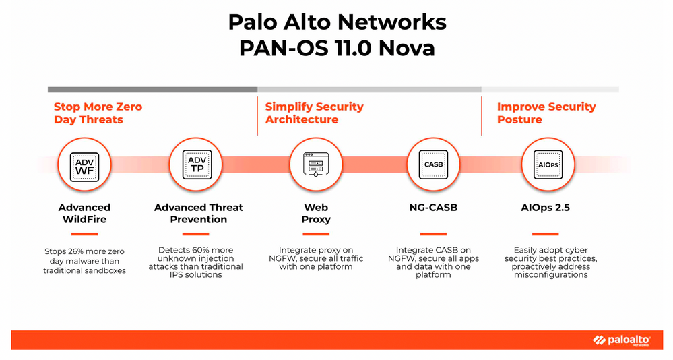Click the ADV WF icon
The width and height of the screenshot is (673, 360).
click(85, 167)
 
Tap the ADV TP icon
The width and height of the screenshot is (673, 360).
click(197, 164)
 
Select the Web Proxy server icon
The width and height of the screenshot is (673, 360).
click(316, 164)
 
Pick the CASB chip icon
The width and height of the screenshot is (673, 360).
click(433, 164)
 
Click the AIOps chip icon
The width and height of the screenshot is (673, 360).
click(548, 164)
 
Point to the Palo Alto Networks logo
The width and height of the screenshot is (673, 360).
click(622, 340)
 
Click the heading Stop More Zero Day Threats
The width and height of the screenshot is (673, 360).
click(98, 113)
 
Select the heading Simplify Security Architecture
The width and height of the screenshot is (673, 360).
click(314, 113)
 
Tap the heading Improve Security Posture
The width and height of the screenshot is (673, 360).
click(546, 113)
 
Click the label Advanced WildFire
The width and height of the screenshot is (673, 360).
click(85, 214)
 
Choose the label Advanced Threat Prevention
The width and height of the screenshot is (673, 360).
click(198, 214)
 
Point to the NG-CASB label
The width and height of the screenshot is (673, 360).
click(433, 208)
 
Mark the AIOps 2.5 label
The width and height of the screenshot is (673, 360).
click(545, 208)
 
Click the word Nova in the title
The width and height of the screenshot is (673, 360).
click(406, 48)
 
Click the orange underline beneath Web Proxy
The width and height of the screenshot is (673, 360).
click(316, 234)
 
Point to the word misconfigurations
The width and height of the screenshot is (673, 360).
click(550, 274)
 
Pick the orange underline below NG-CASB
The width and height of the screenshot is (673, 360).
click(433, 234)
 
